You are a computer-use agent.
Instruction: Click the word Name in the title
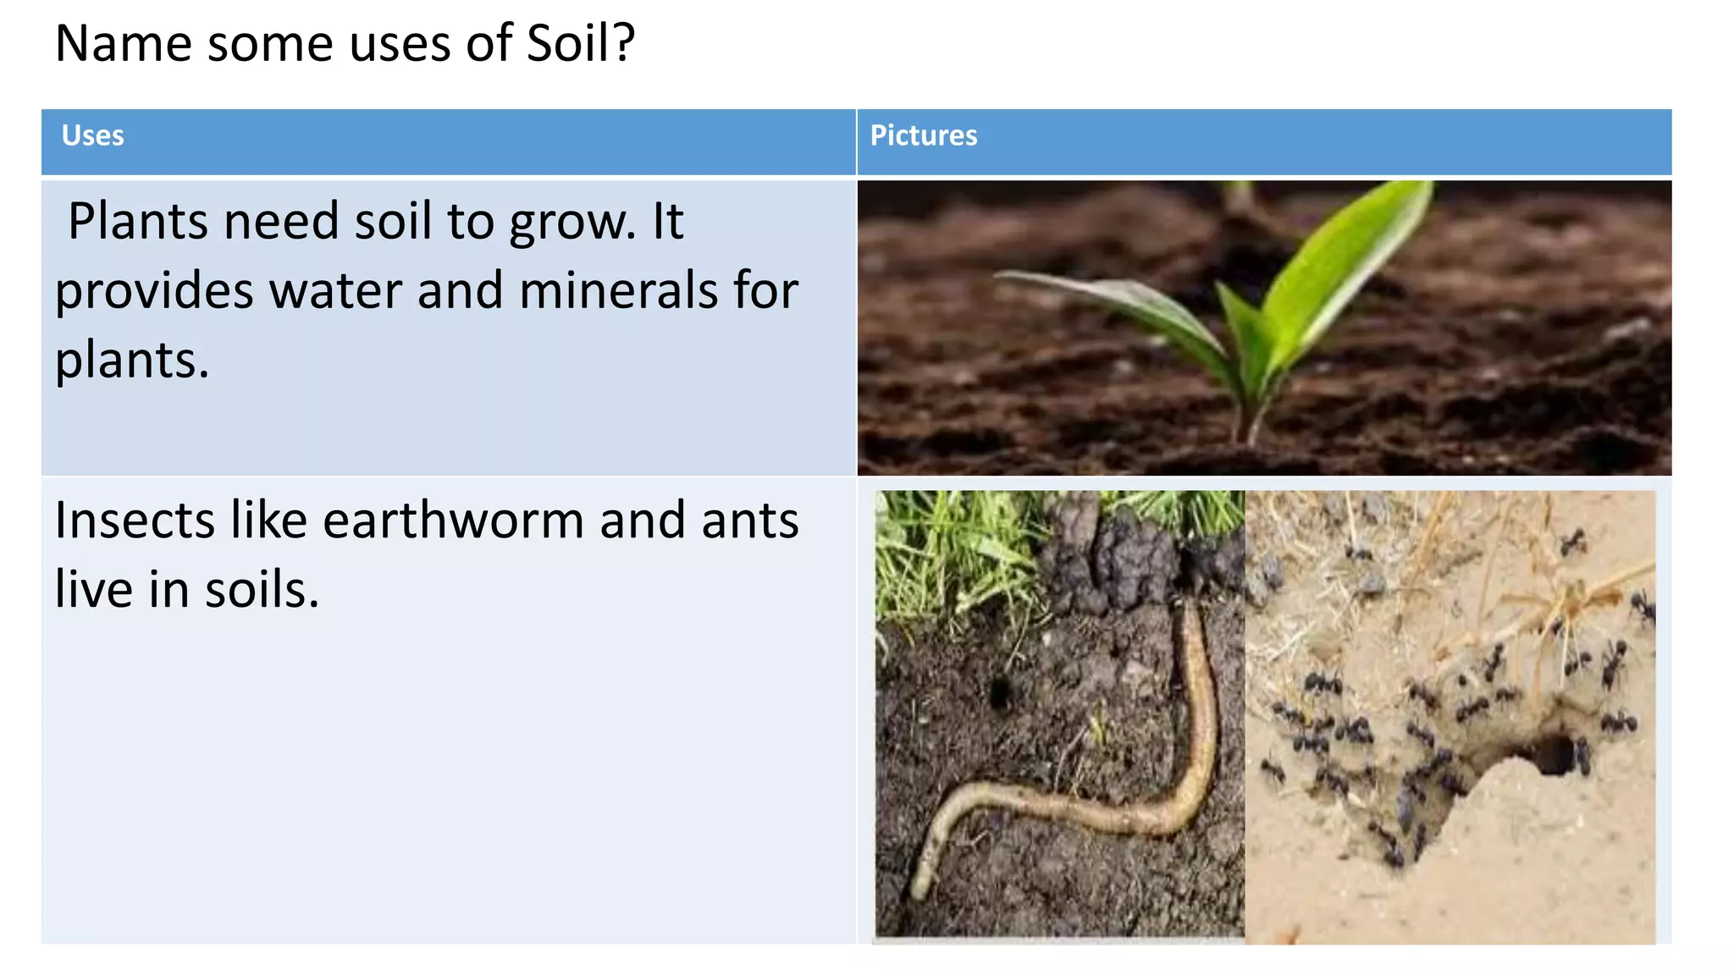124,43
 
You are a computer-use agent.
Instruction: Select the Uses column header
92,135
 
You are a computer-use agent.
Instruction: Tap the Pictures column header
923,135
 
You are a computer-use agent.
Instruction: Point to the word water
335,291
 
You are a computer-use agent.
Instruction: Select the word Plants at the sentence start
138,222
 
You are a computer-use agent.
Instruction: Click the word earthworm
453,520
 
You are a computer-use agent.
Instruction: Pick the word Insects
135,520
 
